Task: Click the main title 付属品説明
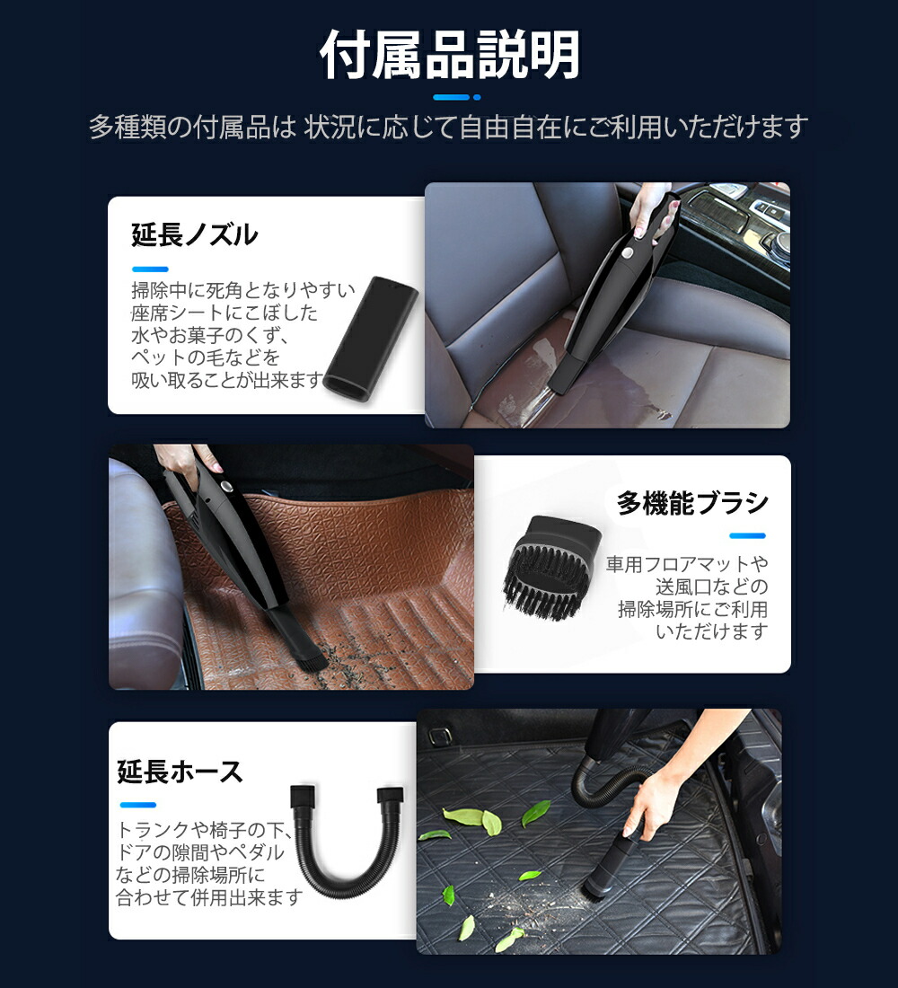(x=450, y=56)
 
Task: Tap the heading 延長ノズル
(x=195, y=235)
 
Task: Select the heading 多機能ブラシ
(x=692, y=503)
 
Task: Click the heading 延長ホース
(x=180, y=772)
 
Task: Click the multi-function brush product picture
(x=550, y=568)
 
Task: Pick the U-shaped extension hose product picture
(x=346, y=843)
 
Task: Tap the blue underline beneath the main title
(x=455, y=97)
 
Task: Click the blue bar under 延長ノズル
(x=150, y=269)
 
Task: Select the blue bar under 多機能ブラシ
(x=747, y=536)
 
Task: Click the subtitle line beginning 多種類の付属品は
(x=449, y=127)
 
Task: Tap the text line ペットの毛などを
(x=206, y=358)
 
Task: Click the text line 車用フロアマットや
(x=687, y=564)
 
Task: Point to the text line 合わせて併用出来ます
(x=209, y=897)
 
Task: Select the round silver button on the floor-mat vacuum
(x=225, y=488)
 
